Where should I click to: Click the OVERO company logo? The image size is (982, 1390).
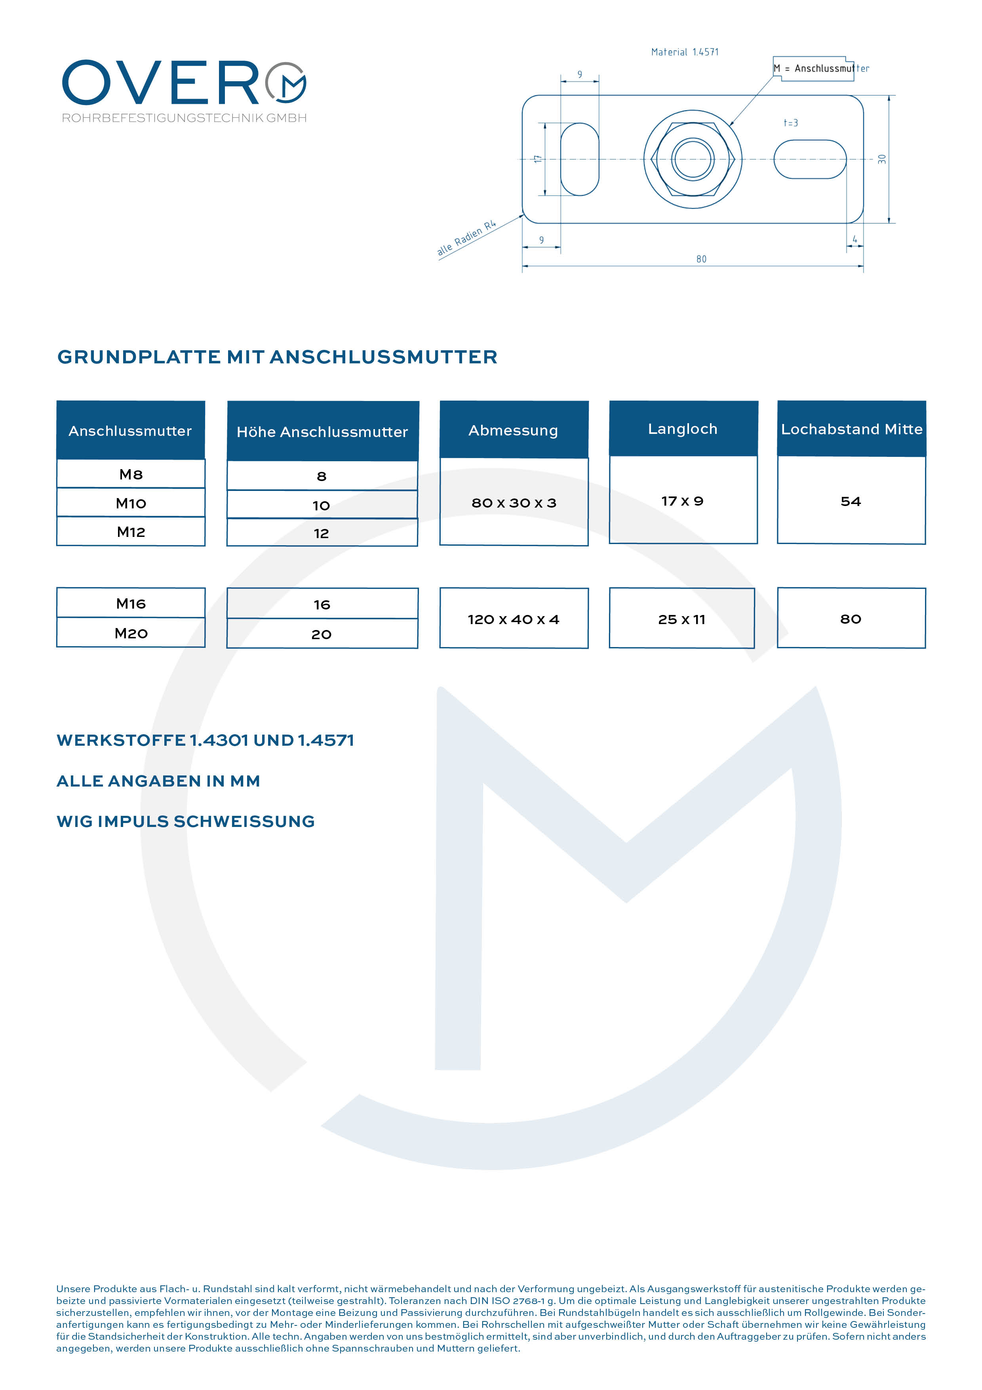tap(184, 90)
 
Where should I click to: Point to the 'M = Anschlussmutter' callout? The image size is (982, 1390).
tap(820, 69)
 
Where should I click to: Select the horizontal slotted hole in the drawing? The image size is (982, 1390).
tap(810, 159)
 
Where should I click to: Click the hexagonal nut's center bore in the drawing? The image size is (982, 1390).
tap(693, 158)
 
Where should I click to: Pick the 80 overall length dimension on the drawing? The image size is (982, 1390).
tap(701, 259)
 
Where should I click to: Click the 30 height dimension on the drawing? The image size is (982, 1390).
tap(882, 159)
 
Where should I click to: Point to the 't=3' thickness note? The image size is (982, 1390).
tap(791, 123)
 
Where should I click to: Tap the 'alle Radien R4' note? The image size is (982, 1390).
tap(466, 238)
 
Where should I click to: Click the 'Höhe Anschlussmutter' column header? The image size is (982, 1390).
tap(322, 432)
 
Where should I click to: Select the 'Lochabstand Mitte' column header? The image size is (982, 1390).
tap(851, 429)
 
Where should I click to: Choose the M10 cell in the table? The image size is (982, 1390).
tap(131, 503)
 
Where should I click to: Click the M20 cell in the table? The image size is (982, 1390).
tap(131, 633)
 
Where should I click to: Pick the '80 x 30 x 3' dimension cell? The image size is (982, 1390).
tap(514, 502)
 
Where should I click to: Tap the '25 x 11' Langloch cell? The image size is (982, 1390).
tap(682, 619)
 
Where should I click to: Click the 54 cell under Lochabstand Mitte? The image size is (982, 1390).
tap(851, 501)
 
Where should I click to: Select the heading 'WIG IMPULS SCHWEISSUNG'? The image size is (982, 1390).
tap(186, 821)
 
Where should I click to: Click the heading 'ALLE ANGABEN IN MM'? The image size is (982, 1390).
tap(158, 781)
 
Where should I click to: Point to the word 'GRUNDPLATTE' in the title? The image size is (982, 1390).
tap(139, 357)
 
